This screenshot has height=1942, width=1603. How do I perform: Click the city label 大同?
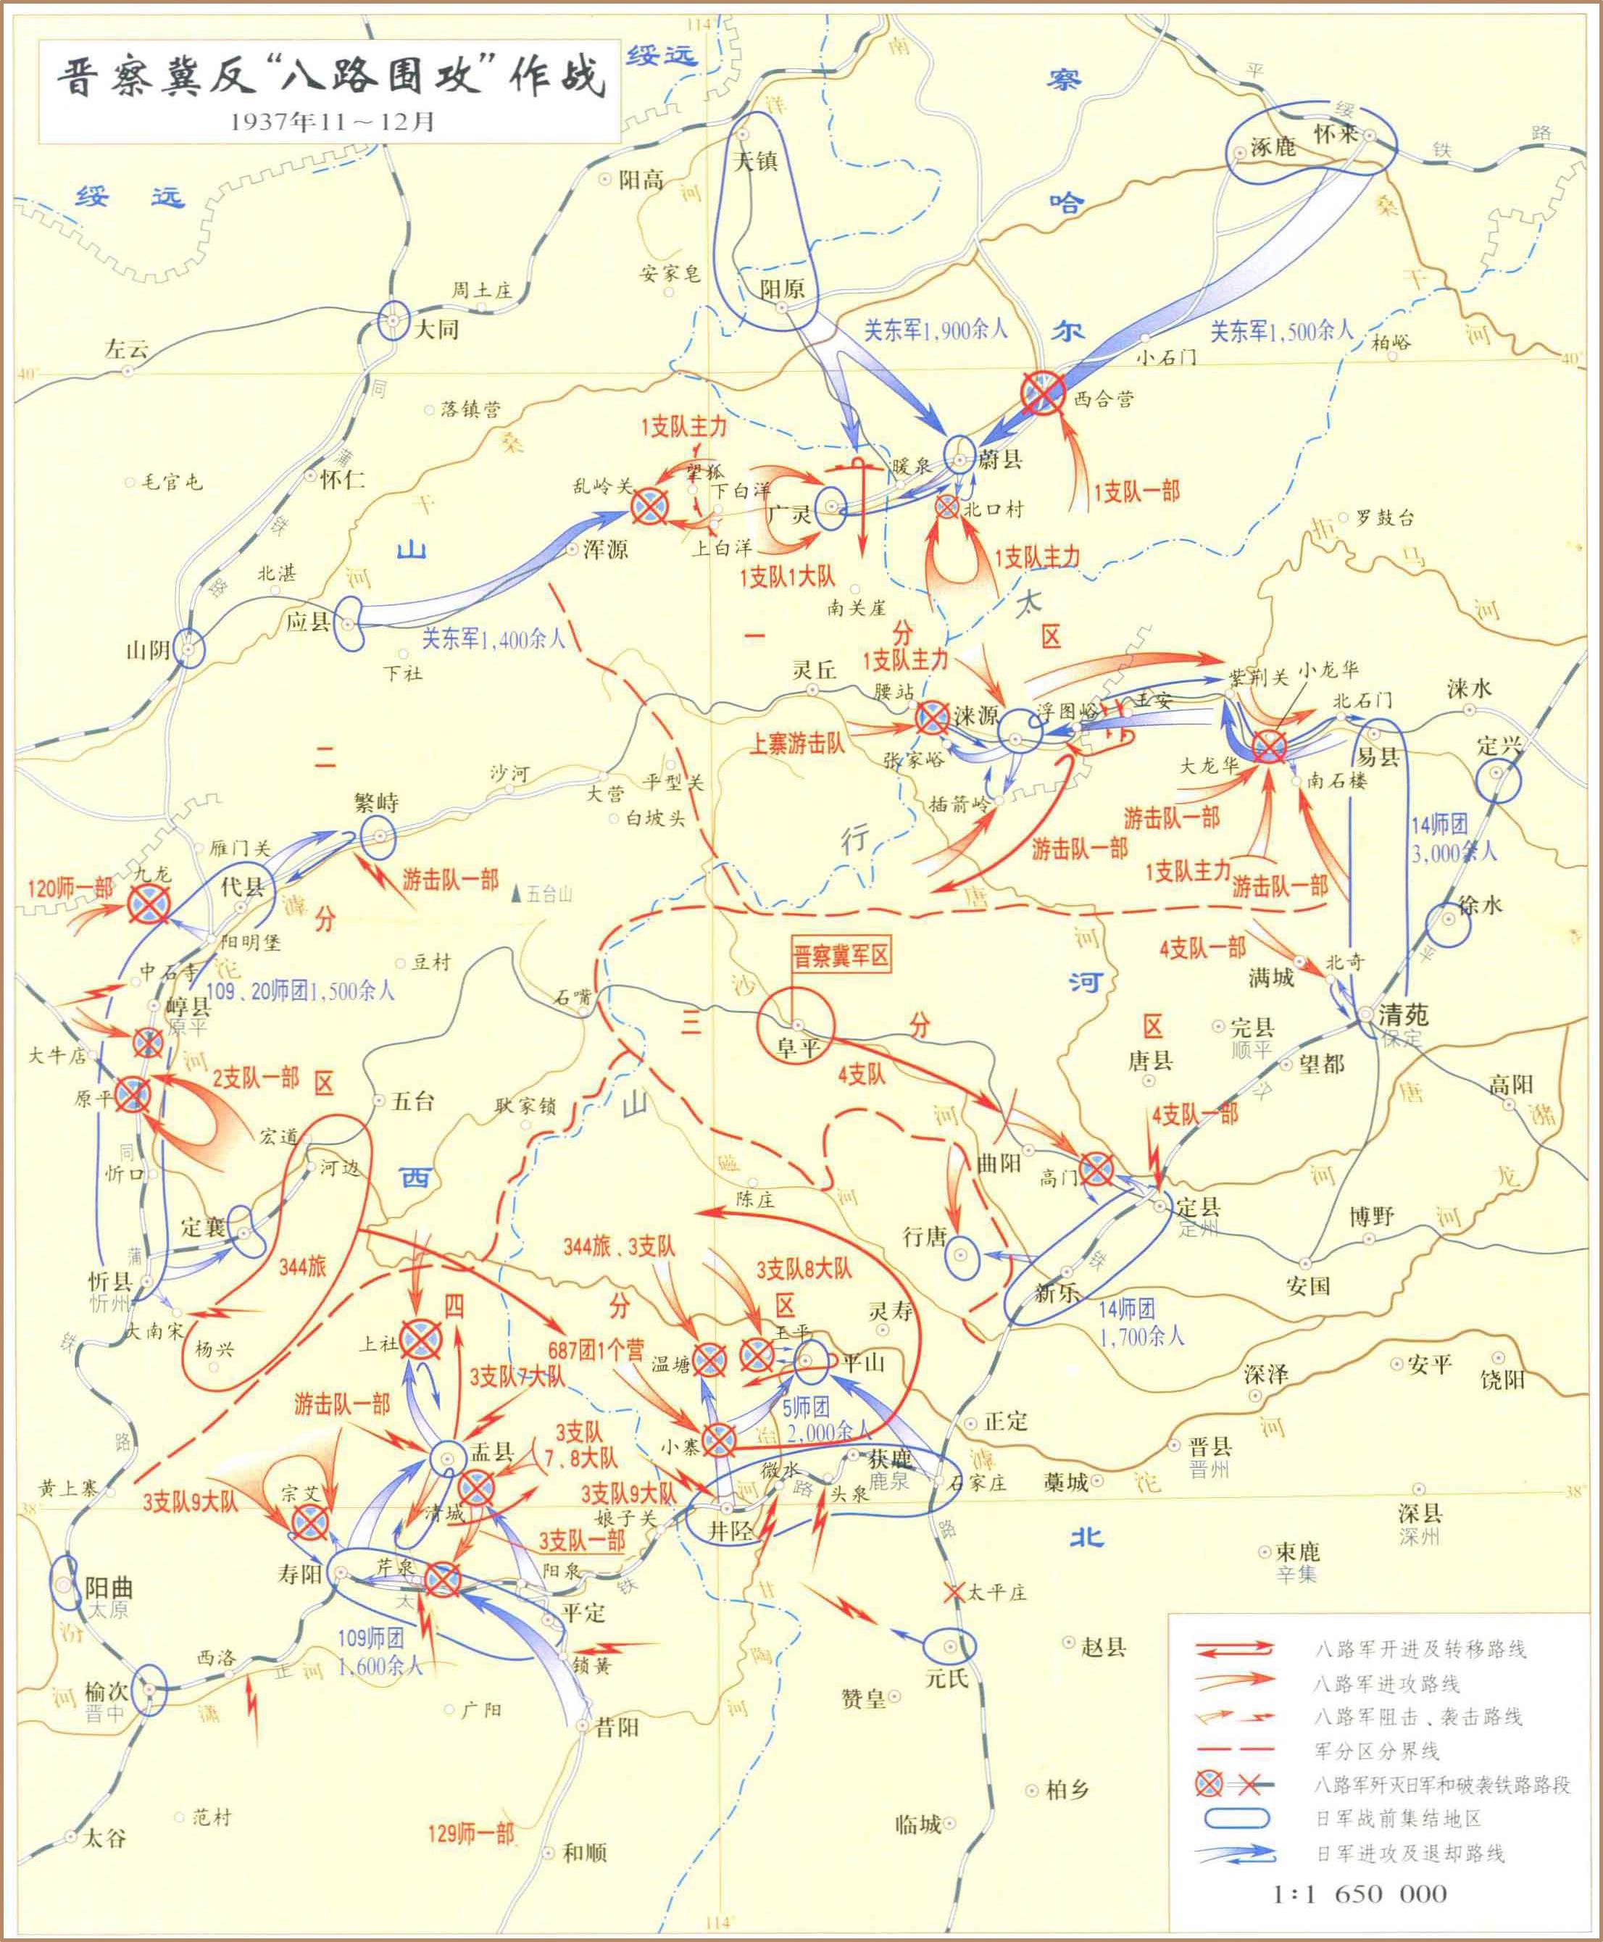point(436,329)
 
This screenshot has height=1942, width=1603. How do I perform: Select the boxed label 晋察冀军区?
point(841,956)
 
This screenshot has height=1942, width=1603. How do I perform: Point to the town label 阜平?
point(798,1047)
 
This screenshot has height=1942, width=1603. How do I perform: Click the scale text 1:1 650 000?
point(1360,1894)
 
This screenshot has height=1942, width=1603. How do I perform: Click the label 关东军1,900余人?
point(936,330)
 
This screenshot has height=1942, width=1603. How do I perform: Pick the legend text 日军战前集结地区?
point(1396,1818)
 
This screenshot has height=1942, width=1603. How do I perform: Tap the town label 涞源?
point(976,714)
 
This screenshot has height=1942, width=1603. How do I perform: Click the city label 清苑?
point(1403,1015)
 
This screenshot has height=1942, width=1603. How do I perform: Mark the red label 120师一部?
point(70,888)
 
